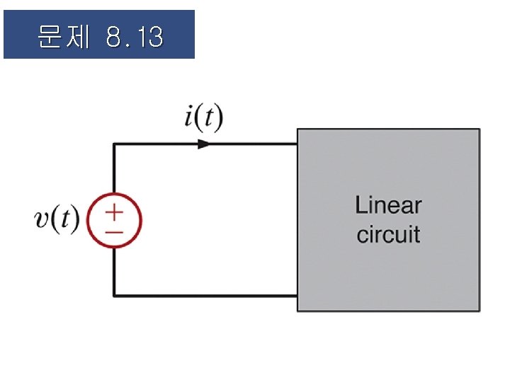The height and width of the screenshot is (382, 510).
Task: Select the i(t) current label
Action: tap(203, 118)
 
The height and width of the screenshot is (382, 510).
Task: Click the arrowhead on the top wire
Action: tap(204, 144)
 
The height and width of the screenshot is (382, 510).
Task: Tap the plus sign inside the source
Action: tap(114, 212)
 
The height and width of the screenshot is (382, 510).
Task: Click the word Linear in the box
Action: tap(388, 206)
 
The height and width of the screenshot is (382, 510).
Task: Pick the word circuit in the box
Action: tap(388, 234)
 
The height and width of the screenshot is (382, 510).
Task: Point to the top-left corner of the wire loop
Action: tap(114, 144)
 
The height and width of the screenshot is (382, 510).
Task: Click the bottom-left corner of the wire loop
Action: tap(114, 295)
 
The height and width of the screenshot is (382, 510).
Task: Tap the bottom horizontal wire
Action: tap(205, 295)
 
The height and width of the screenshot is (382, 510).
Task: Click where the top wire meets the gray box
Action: tap(296, 144)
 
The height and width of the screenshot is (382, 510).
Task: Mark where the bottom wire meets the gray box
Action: tap(296, 295)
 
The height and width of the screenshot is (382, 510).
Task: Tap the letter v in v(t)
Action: tap(42, 219)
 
